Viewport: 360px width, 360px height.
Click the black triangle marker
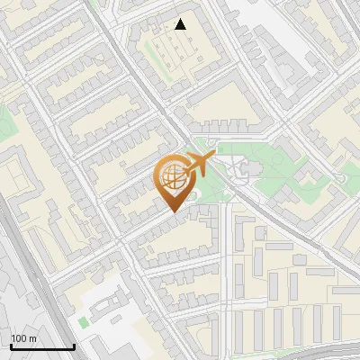point(181,24)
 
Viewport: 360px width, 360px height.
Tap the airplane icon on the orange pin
point(197,166)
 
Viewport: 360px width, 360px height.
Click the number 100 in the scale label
point(19,338)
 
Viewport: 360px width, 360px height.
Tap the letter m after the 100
point(33,338)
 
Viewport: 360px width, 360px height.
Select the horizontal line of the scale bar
point(42,347)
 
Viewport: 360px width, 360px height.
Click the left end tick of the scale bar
point(11,346)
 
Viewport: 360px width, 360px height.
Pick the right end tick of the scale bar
point(74,346)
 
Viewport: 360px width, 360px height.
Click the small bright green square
point(84,321)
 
